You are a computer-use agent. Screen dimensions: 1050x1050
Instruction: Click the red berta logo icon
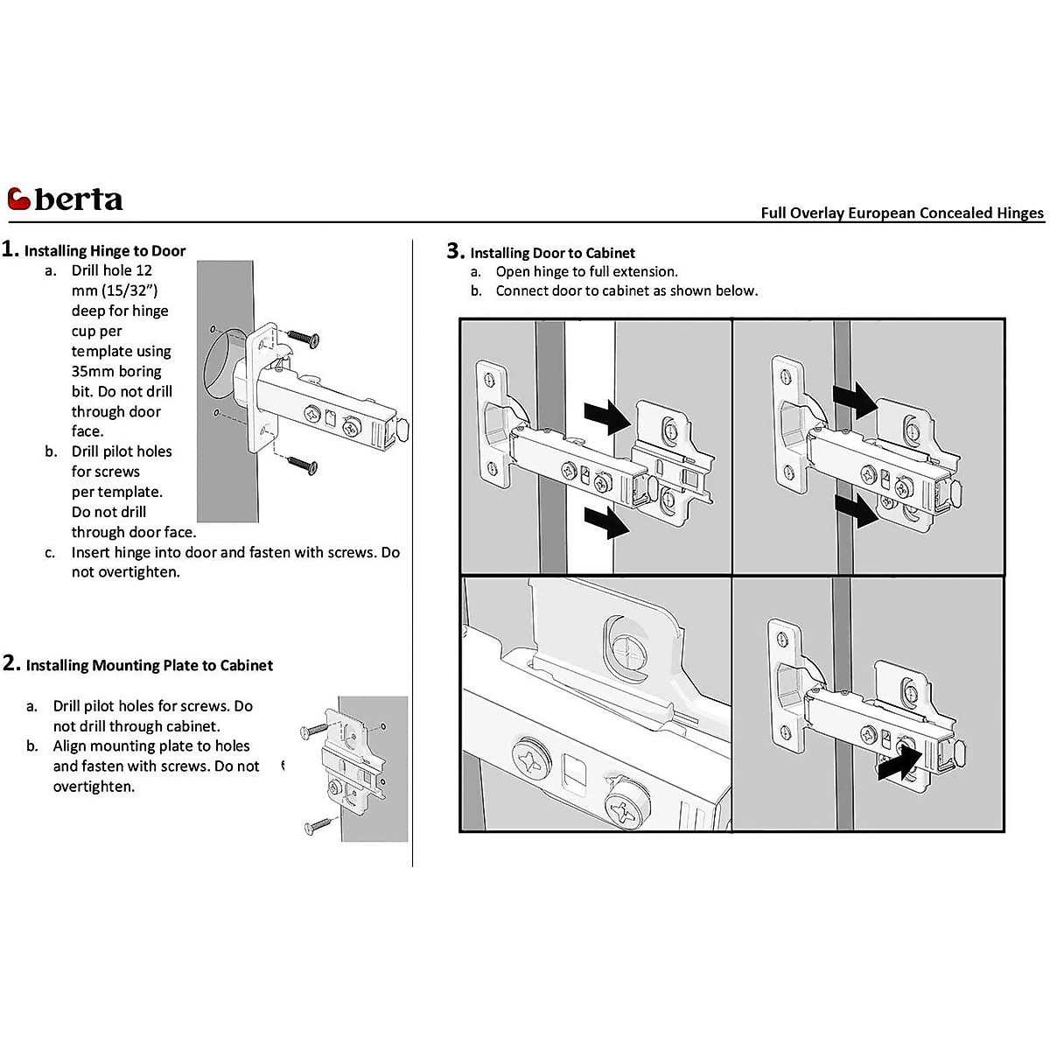(x=19, y=200)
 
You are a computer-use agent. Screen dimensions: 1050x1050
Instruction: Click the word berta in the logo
(x=79, y=200)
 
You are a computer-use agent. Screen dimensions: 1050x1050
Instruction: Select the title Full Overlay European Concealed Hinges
(x=902, y=213)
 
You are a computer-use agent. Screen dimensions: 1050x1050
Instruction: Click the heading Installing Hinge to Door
(x=105, y=251)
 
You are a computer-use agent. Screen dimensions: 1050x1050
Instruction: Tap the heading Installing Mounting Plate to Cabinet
(x=150, y=665)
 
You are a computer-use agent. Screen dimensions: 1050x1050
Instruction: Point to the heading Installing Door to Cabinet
(x=552, y=253)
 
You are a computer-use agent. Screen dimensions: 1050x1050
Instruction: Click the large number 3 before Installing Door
(x=453, y=251)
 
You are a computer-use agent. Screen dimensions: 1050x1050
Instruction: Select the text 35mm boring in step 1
(x=116, y=371)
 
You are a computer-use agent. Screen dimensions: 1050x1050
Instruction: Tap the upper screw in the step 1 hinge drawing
(x=303, y=338)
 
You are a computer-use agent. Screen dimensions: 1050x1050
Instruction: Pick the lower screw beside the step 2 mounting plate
(x=317, y=823)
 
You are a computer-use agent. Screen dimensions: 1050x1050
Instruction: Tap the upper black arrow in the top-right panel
(x=855, y=400)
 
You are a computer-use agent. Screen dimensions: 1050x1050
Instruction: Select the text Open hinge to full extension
(x=586, y=271)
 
